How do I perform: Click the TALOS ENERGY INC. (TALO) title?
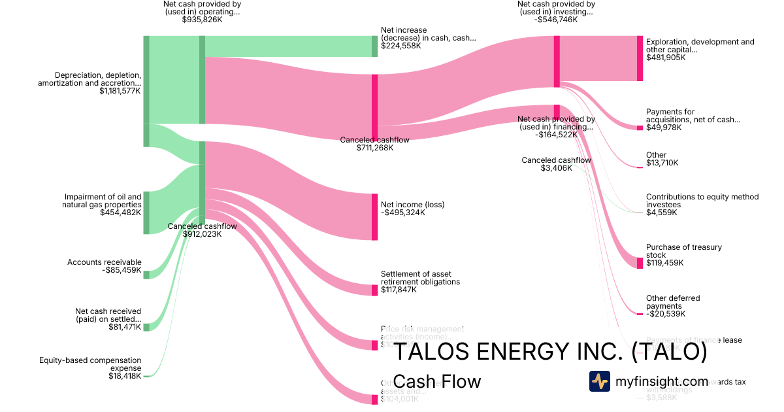tap(550, 352)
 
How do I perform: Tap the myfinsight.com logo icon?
tap(599, 381)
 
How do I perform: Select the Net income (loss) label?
tap(412, 205)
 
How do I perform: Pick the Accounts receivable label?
tap(104, 262)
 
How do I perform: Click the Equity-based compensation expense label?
tap(90, 364)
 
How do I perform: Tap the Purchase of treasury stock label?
tap(674, 251)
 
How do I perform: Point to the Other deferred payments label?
tap(672, 302)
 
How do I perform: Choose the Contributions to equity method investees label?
tap(702, 200)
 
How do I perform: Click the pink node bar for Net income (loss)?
tap(375, 216)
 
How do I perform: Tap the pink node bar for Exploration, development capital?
tap(640, 58)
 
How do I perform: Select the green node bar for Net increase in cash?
tap(375, 46)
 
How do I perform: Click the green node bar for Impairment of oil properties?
tap(146, 213)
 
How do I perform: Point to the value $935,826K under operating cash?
tap(202, 20)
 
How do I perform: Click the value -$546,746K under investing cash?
tap(556, 20)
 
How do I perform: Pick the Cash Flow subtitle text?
tap(437, 381)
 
